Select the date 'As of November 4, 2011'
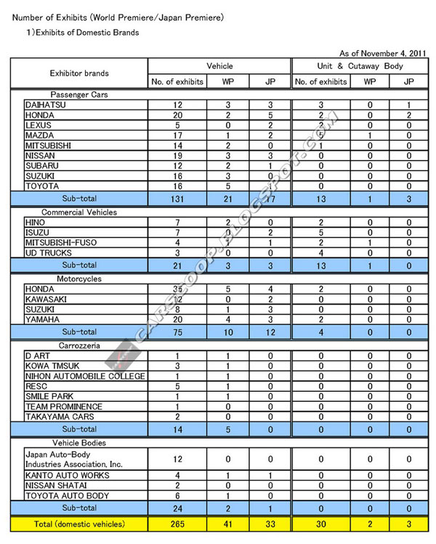384,54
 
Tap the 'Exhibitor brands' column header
79,73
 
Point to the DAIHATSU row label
46,105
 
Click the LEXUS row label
39,125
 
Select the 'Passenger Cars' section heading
80,95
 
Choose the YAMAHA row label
42,319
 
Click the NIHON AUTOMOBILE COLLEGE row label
85,376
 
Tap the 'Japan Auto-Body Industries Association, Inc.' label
70,458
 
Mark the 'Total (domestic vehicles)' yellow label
79,523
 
